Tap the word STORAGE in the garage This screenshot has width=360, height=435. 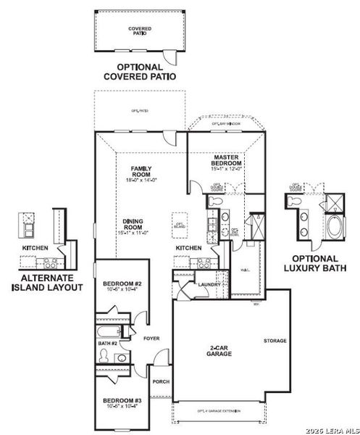[x=275, y=341]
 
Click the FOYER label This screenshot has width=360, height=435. [x=151, y=339]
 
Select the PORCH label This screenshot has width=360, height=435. [x=160, y=381]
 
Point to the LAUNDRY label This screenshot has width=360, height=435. [x=209, y=285]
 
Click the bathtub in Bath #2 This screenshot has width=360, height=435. [x=108, y=333]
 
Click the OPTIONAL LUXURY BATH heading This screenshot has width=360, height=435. [x=314, y=263]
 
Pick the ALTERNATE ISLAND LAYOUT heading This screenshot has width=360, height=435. [x=46, y=283]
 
